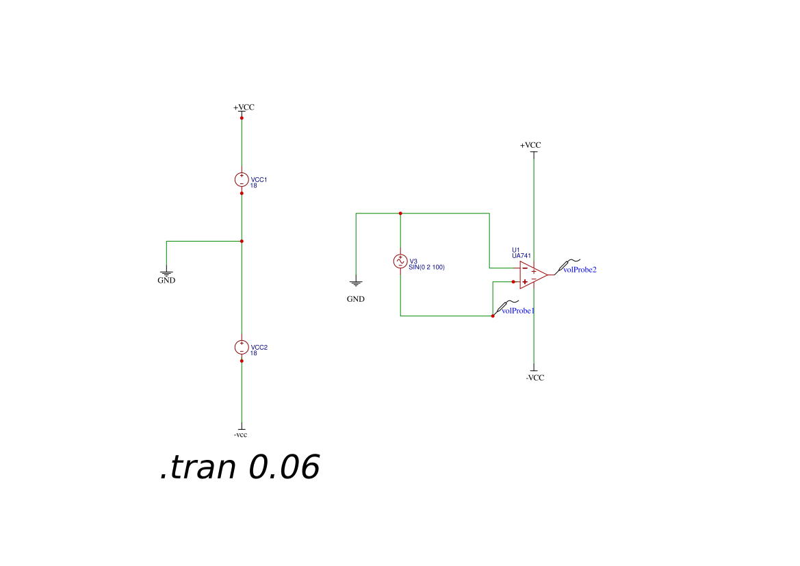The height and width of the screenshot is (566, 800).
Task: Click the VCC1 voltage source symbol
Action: pyautogui.click(x=242, y=179)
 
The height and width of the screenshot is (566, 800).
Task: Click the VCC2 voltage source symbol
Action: pyautogui.click(x=242, y=347)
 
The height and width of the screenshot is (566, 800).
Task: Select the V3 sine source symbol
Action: pyautogui.click(x=400, y=261)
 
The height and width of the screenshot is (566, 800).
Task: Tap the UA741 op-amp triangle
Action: pyautogui.click(x=533, y=275)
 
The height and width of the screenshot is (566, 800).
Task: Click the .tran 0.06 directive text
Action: pyautogui.click(x=240, y=467)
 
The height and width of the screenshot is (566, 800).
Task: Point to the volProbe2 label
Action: pyautogui.click(x=580, y=270)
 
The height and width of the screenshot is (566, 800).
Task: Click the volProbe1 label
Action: pyautogui.click(x=518, y=311)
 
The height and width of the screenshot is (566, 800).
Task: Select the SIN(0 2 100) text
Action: pyautogui.click(x=426, y=268)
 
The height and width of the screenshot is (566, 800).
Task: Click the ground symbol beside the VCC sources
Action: pyautogui.click(x=166, y=274)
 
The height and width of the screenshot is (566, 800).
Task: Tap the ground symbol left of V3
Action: pyautogui.click(x=356, y=283)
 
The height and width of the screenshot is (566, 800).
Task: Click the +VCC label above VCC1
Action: pyautogui.click(x=244, y=107)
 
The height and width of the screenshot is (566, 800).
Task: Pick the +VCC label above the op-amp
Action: pyautogui.click(x=530, y=146)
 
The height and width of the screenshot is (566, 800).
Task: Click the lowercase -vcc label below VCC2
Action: pyautogui.click(x=240, y=435)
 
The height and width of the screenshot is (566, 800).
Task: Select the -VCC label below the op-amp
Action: pyautogui.click(x=535, y=378)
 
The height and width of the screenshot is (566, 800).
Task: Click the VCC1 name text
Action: pyautogui.click(x=259, y=179)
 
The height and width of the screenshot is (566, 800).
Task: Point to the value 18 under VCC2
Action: pyautogui.click(x=254, y=353)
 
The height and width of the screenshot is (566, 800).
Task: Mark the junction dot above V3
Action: pyautogui.click(x=400, y=214)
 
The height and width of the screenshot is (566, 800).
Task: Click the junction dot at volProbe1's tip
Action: pyautogui.click(x=493, y=316)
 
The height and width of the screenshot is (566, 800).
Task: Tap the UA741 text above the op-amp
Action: pyautogui.click(x=521, y=256)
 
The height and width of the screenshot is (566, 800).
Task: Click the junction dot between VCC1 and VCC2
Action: pyautogui.click(x=242, y=242)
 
